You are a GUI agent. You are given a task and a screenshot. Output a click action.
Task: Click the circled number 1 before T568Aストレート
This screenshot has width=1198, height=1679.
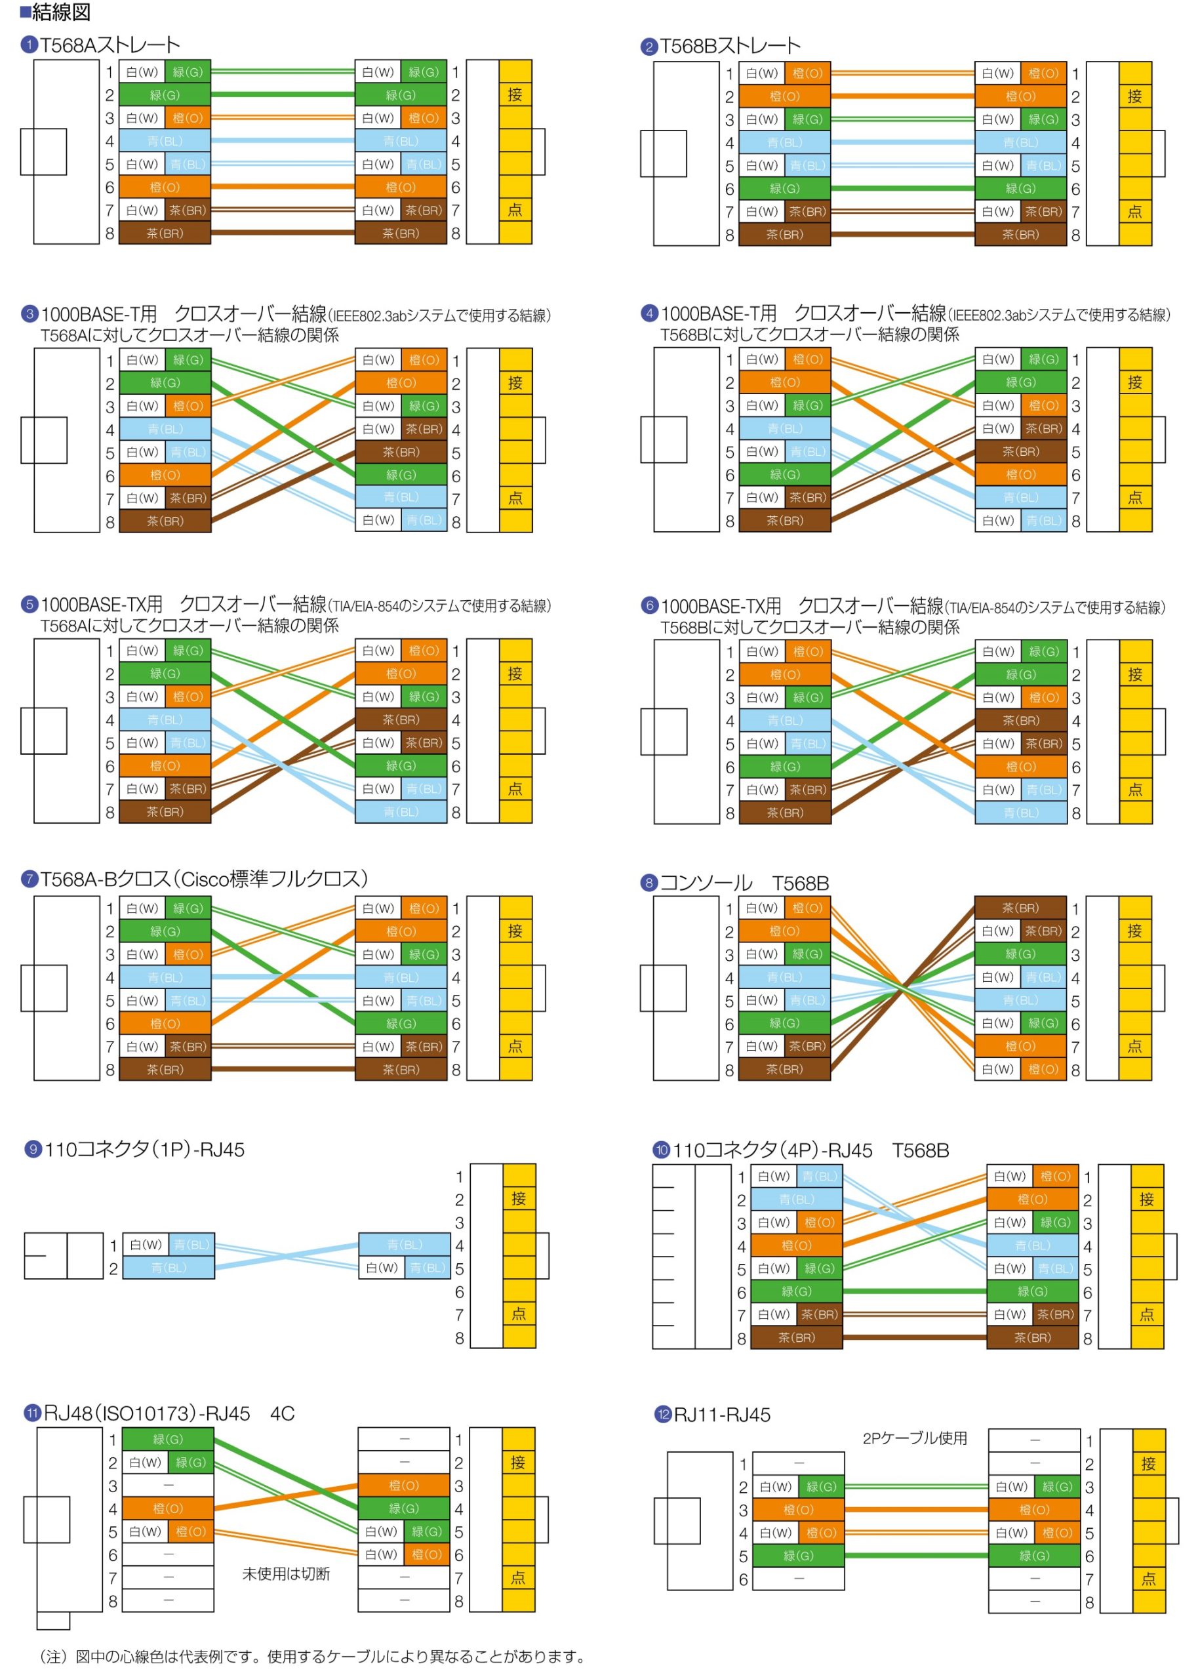[30, 45]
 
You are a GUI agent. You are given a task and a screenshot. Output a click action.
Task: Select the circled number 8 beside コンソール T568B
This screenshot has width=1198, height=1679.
[649, 882]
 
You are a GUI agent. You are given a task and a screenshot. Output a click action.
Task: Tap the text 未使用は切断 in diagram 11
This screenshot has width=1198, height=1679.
[286, 1573]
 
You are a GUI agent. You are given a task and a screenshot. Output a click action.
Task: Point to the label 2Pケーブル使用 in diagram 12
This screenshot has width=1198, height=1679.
[914, 1438]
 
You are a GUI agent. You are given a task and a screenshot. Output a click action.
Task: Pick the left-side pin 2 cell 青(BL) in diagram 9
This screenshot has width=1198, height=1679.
[168, 1267]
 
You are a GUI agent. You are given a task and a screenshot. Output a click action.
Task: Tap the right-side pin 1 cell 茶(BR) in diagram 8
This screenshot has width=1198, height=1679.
[1020, 907]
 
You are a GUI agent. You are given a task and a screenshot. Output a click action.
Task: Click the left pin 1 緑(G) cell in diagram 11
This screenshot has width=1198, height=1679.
[167, 1438]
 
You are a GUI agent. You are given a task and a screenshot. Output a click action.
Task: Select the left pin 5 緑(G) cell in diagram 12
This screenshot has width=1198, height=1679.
[798, 1555]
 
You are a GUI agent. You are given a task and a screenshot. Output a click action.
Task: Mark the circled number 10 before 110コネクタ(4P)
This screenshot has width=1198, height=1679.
[662, 1149]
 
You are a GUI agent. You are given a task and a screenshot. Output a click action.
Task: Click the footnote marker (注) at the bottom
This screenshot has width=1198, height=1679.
[52, 1656]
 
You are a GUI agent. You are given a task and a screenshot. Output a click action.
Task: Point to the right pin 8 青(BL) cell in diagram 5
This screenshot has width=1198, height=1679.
[401, 811]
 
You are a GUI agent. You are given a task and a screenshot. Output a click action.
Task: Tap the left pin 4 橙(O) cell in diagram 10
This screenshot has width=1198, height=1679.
[797, 1245]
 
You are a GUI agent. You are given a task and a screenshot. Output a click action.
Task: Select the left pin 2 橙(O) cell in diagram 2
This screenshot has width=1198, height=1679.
[784, 96]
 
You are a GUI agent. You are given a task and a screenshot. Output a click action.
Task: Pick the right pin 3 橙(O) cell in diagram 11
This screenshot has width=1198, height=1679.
[403, 1485]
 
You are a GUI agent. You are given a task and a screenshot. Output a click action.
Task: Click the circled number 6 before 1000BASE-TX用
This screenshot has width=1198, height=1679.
[649, 605]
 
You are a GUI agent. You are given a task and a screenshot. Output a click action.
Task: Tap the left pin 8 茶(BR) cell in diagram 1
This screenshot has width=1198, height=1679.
[165, 233]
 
